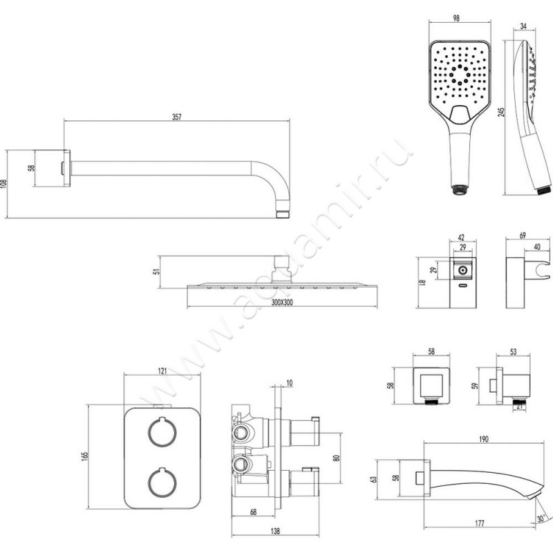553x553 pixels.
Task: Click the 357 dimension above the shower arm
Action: click(x=176, y=117)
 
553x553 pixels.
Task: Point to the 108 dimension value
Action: click(x=8, y=185)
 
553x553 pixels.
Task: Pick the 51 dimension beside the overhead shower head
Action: click(x=156, y=271)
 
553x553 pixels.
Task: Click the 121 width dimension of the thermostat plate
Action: click(x=162, y=371)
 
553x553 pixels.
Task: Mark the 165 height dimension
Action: click(x=84, y=458)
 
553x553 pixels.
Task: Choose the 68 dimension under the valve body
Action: click(x=253, y=512)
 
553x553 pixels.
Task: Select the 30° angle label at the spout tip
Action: click(x=541, y=518)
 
